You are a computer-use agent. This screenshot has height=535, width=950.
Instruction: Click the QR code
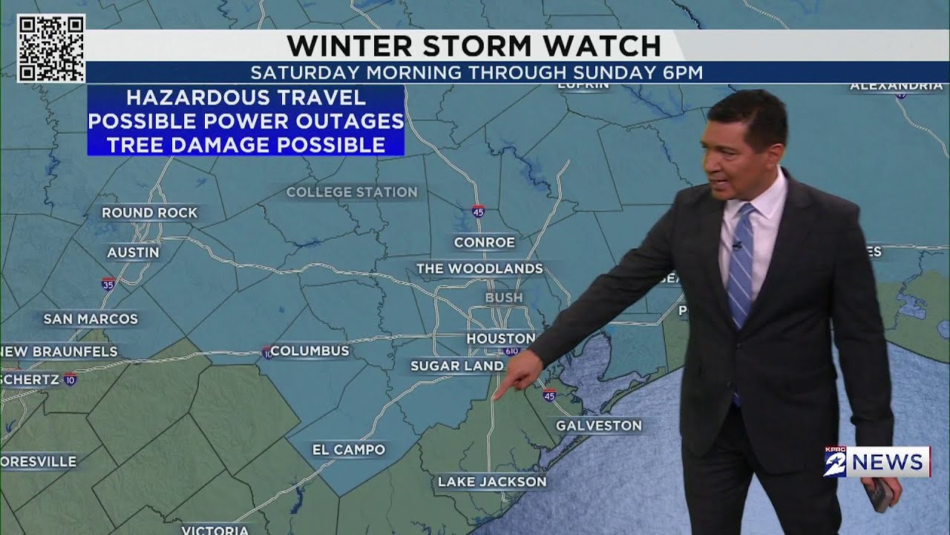[x=51, y=48]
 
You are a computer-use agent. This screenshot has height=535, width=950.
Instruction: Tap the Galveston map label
[x=598, y=426]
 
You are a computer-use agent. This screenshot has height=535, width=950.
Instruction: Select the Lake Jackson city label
[x=492, y=481]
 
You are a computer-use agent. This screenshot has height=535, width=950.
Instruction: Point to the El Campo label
[x=349, y=450]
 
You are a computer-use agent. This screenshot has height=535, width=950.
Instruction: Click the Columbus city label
[x=309, y=351]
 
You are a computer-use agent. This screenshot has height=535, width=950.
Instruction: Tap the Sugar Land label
[x=457, y=366]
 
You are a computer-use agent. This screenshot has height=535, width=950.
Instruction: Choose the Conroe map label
[x=485, y=242]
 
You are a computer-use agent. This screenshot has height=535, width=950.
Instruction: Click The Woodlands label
[x=479, y=268]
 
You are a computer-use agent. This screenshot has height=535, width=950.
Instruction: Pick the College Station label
[x=352, y=192]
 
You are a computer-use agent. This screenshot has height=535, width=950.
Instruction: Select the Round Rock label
[x=150, y=213]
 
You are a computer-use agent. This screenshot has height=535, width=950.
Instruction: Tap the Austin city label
[x=133, y=253]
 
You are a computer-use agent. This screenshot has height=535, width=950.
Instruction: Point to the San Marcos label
[x=91, y=319]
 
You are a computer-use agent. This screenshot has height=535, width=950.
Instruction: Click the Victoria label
[x=214, y=530]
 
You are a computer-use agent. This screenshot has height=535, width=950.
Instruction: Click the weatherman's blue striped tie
[x=741, y=267]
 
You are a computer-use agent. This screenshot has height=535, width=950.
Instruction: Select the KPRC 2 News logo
[x=877, y=462]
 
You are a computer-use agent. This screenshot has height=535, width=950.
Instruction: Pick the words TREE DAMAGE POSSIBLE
[x=246, y=144]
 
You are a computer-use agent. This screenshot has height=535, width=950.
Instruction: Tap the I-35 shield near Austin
[x=108, y=283]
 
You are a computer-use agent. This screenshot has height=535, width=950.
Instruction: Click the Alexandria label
[x=896, y=86]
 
